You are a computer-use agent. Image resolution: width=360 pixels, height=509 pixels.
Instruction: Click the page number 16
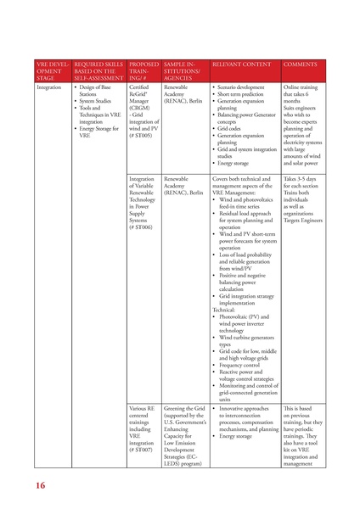[42, 485]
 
